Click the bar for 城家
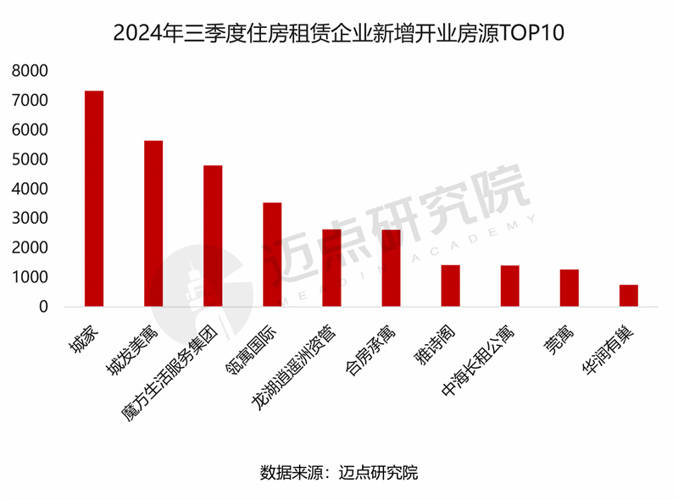click(x=94, y=198)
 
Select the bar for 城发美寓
click(x=153, y=223)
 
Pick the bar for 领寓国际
click(x=272, y=254)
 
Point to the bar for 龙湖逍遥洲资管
click(x=331, y=268)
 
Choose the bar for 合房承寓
click(x=391, y=268)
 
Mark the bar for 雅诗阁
click(x=450, y=286)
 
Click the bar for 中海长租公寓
click(x=509, y=286)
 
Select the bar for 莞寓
click(x=569, y=287)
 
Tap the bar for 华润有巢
click(x=628, y=296)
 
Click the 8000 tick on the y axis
click(x=30, y=71)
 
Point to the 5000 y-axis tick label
click(x=30, y=159)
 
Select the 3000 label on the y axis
click(x=30, y=219)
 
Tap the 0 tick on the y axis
click(x=42, y=307)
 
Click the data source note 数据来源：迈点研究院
click(x=339, y=472)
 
